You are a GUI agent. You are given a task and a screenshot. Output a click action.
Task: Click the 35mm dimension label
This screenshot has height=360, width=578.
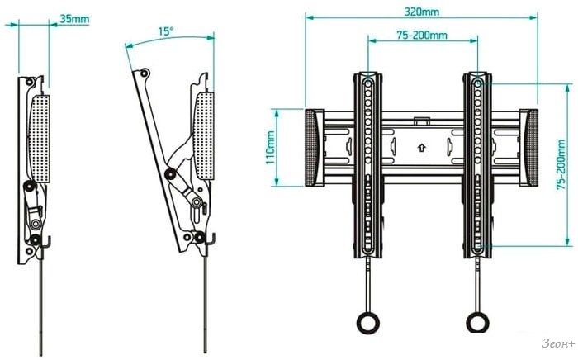[74, 19]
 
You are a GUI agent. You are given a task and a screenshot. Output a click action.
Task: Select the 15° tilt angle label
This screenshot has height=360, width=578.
[166, 31]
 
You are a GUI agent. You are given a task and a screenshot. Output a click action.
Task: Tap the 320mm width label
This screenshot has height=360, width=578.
[422, 12]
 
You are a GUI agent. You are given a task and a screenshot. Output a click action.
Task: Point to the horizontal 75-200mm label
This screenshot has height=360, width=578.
[422, 35]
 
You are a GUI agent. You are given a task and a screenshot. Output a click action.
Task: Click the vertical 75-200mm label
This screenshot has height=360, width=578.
[561, 164]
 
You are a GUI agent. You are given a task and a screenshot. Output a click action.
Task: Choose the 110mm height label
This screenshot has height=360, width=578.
[270, 148]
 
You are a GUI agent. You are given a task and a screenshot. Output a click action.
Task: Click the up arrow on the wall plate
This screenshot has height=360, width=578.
[422, 148]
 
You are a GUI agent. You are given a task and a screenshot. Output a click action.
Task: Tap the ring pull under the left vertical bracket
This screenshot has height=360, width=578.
[367, 322]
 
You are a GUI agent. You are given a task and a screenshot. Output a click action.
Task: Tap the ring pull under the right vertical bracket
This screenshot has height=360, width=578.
[477, 322]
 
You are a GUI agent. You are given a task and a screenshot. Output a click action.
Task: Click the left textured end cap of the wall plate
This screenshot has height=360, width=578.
[311, 148]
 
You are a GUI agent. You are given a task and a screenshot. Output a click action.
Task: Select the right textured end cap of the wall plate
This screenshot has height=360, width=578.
[531, 148]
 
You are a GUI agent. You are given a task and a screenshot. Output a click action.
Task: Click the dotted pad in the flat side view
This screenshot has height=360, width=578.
[40, 139]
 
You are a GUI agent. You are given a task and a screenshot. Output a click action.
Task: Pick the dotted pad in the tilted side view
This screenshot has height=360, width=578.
[204, 136]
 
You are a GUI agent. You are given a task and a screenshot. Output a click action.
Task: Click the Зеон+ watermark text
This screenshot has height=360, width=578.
[558, 343]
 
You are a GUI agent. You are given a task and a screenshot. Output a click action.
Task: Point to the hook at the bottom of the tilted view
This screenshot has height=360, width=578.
[211, 239]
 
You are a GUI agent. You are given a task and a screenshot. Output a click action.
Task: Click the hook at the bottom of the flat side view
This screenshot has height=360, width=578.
[45, 242]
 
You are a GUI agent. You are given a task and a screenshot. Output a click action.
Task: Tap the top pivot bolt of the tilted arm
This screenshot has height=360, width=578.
[144, 73]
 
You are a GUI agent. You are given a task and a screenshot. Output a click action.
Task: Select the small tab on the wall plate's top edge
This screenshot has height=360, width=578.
[422, 121]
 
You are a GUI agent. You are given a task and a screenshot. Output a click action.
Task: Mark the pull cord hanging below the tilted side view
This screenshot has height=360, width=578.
[206, 298]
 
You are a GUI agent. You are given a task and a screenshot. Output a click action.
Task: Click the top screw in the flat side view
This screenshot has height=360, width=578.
[30, 82]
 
